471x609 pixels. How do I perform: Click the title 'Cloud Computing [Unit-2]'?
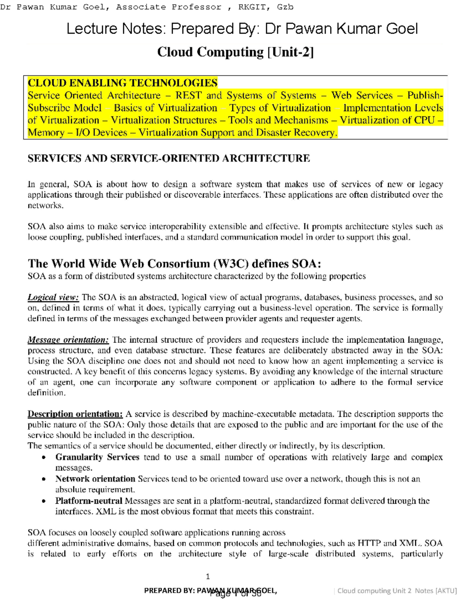coord(235,52)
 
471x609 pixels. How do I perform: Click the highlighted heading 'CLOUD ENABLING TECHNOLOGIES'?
coord(122,83)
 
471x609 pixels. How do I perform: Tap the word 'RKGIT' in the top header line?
coord(251,7)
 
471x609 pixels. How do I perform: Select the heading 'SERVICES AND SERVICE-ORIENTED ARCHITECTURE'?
coord(168,158)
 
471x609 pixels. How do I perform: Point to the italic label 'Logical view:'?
coord(53,297)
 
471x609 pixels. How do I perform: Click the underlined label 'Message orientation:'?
coord(68,340)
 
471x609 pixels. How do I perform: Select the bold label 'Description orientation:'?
coord(75,414)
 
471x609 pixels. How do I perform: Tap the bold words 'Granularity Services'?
coord(97,457)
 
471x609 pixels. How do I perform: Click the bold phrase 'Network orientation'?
coord(95,479)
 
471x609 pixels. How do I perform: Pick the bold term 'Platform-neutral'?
coord(89,501)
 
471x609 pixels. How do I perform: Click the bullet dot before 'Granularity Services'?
coord(44,458)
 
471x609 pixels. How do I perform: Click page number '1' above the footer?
coord(208,576)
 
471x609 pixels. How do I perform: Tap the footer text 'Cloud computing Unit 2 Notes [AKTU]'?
coord(397,591)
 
